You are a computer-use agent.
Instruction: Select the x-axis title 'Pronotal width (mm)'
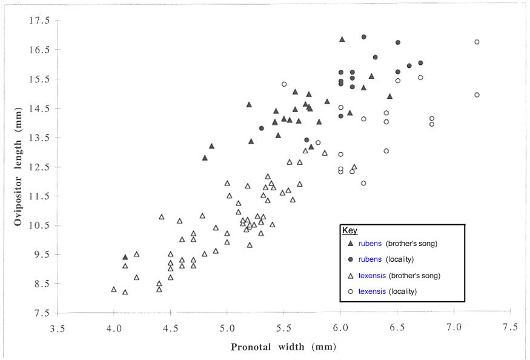(283, 347)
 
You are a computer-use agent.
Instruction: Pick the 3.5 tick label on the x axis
(58, 327)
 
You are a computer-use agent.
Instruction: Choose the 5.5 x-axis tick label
(284, 327)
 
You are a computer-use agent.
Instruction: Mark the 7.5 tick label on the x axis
(510, 327)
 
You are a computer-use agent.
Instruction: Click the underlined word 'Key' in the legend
(350, 231)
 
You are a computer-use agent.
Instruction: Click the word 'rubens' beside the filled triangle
(370, 244)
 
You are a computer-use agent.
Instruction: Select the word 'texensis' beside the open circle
(372, 292)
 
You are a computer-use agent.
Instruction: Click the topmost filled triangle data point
(342, 39)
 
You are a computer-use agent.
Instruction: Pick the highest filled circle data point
(363, 37)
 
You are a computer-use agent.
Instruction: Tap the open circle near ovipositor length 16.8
(477, 42)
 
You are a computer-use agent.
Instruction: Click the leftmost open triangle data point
(114, 289)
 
